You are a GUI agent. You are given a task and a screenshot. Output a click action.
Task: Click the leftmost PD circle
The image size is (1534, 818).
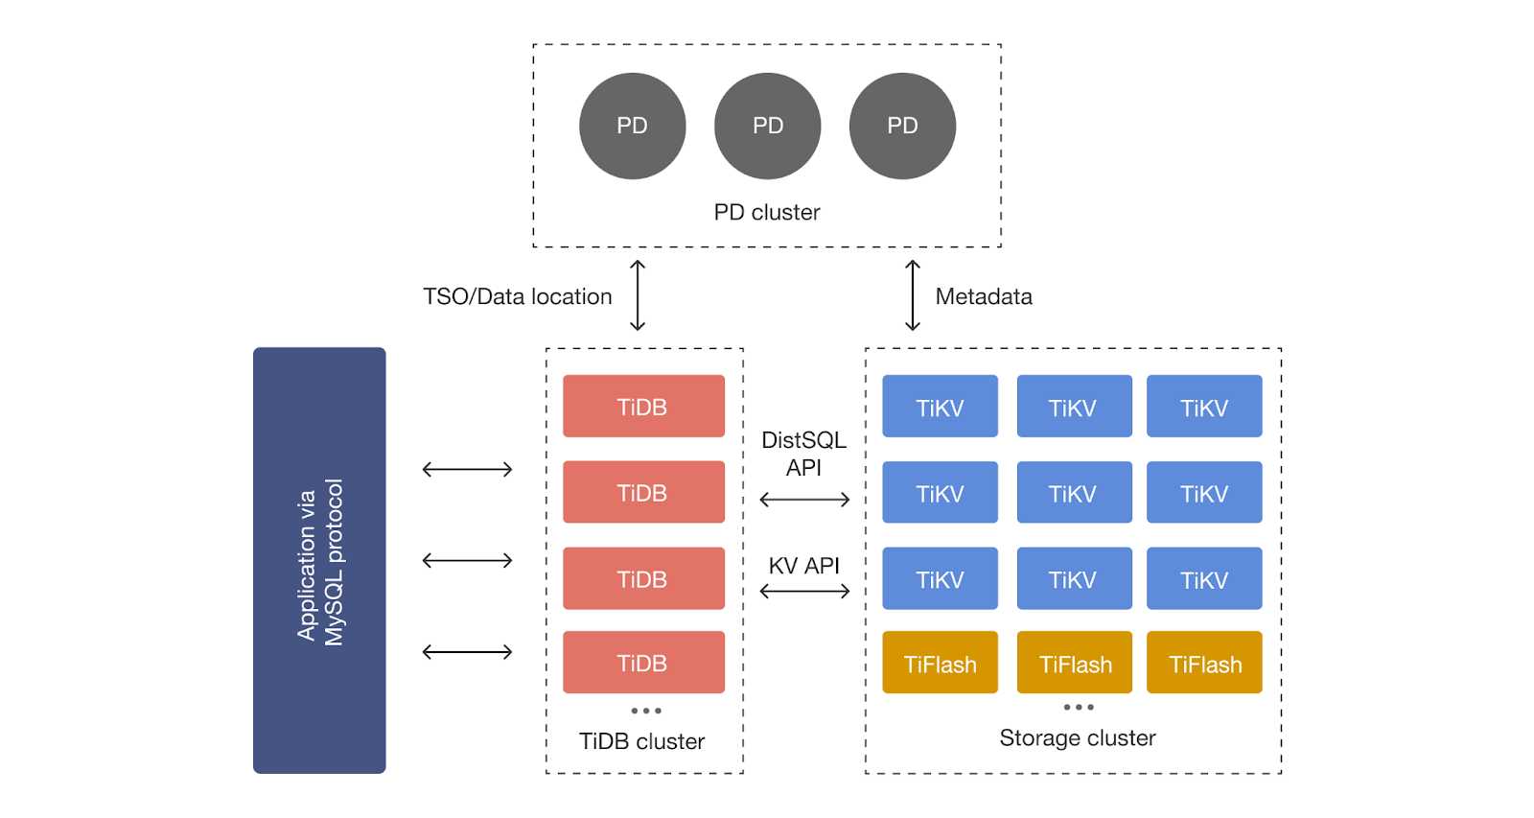coord(632,126)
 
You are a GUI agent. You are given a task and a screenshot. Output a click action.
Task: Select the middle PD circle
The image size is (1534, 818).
coord(767,126)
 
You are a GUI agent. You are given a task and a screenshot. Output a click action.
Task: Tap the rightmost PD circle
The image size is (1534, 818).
coord(902,126)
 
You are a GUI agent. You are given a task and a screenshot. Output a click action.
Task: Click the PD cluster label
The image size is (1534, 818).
coord(767,212)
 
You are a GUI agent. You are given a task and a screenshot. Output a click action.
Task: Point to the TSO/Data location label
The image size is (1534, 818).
coord(518,296)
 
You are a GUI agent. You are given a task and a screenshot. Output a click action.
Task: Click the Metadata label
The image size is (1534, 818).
coord(984,296)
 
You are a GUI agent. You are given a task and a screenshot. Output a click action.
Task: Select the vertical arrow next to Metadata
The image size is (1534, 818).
coord(913,295)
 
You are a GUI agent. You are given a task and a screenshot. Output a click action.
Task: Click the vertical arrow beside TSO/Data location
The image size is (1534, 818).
coord(638,295)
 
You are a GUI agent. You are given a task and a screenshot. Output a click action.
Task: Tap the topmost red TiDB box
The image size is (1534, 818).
coord(643,406)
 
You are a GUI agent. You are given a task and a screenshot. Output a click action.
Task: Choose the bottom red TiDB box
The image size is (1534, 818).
coord(643,662)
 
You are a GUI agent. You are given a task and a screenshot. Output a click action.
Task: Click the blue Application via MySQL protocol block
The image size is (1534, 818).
coord(319,560)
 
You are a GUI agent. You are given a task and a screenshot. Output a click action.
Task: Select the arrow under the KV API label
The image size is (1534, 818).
coord(804,592)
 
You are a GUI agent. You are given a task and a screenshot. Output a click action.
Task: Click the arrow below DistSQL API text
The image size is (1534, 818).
coord(804,500)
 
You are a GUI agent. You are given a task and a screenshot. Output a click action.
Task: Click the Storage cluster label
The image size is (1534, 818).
coord(1078,737)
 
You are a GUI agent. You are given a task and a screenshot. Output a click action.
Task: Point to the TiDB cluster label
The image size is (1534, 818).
coord(641,741)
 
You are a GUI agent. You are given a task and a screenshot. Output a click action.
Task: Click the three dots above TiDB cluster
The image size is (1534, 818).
coord(646,711)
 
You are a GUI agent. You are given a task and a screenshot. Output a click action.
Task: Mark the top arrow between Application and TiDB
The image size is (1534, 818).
coord(468,469)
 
